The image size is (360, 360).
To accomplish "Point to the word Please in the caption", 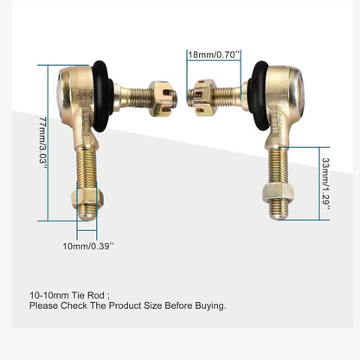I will (x=44, y=305).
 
